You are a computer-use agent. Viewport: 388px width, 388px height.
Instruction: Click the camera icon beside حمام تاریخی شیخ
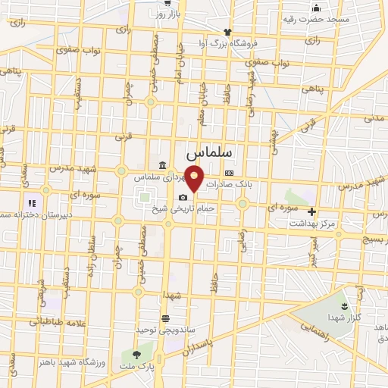(x=183, y=198)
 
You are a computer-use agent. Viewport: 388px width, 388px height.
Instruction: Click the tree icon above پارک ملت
(x=136, y=354)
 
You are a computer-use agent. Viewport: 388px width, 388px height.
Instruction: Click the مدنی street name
(x=374, y=118)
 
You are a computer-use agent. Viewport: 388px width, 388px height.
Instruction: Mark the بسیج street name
(x=373, y=238)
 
